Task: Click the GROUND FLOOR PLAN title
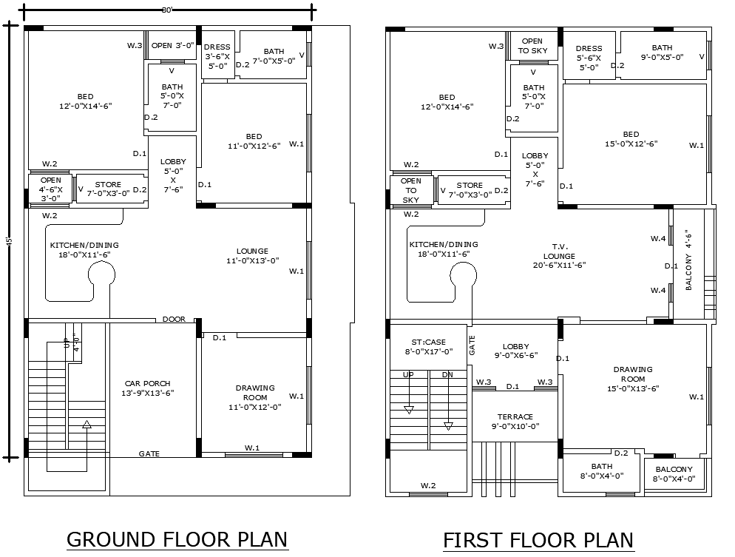[x=177, y=539]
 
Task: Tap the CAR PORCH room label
[x=147, y=388]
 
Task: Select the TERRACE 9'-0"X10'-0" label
[x=515, y=421]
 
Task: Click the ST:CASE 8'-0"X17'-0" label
[x=428, y=347]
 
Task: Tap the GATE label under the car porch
[x=149, y=453]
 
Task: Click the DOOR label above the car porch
[x=174, y=320]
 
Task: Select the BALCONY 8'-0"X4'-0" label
[x=672, y=473]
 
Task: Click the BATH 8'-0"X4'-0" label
[x=601, y=471]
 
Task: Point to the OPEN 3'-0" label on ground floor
[x=172, y=45]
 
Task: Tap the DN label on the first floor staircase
[x=447, y=374]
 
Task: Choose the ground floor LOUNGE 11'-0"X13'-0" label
[x=252, y=255]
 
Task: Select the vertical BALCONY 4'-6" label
[x=688, y=263]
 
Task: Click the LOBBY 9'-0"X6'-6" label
[x=515, y=351]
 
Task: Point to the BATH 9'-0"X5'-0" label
[x=662, y=52]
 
